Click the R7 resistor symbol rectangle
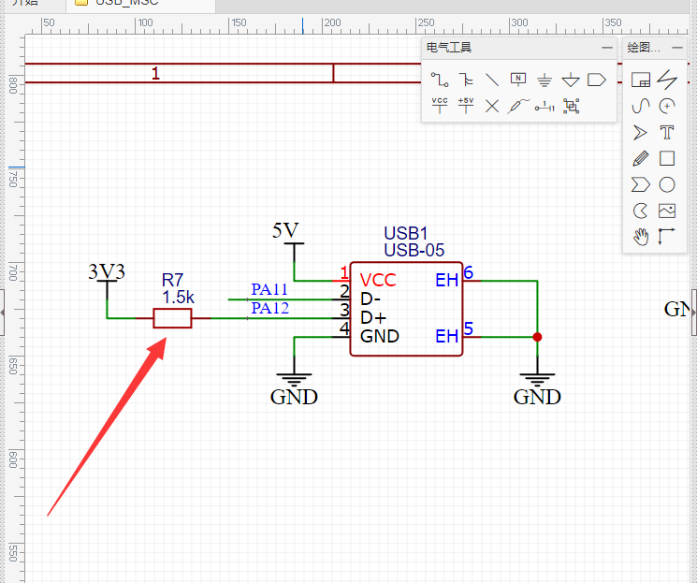172,319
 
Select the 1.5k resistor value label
178,297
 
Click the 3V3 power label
106,271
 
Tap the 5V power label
285,230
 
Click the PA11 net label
269,290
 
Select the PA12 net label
269,308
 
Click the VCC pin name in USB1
378,280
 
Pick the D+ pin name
373,317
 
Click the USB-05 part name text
414,250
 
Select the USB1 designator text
405,233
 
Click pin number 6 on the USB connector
469,273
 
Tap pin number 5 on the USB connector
469,328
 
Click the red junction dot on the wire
538,337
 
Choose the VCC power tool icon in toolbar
440,105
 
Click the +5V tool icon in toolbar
466,105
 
